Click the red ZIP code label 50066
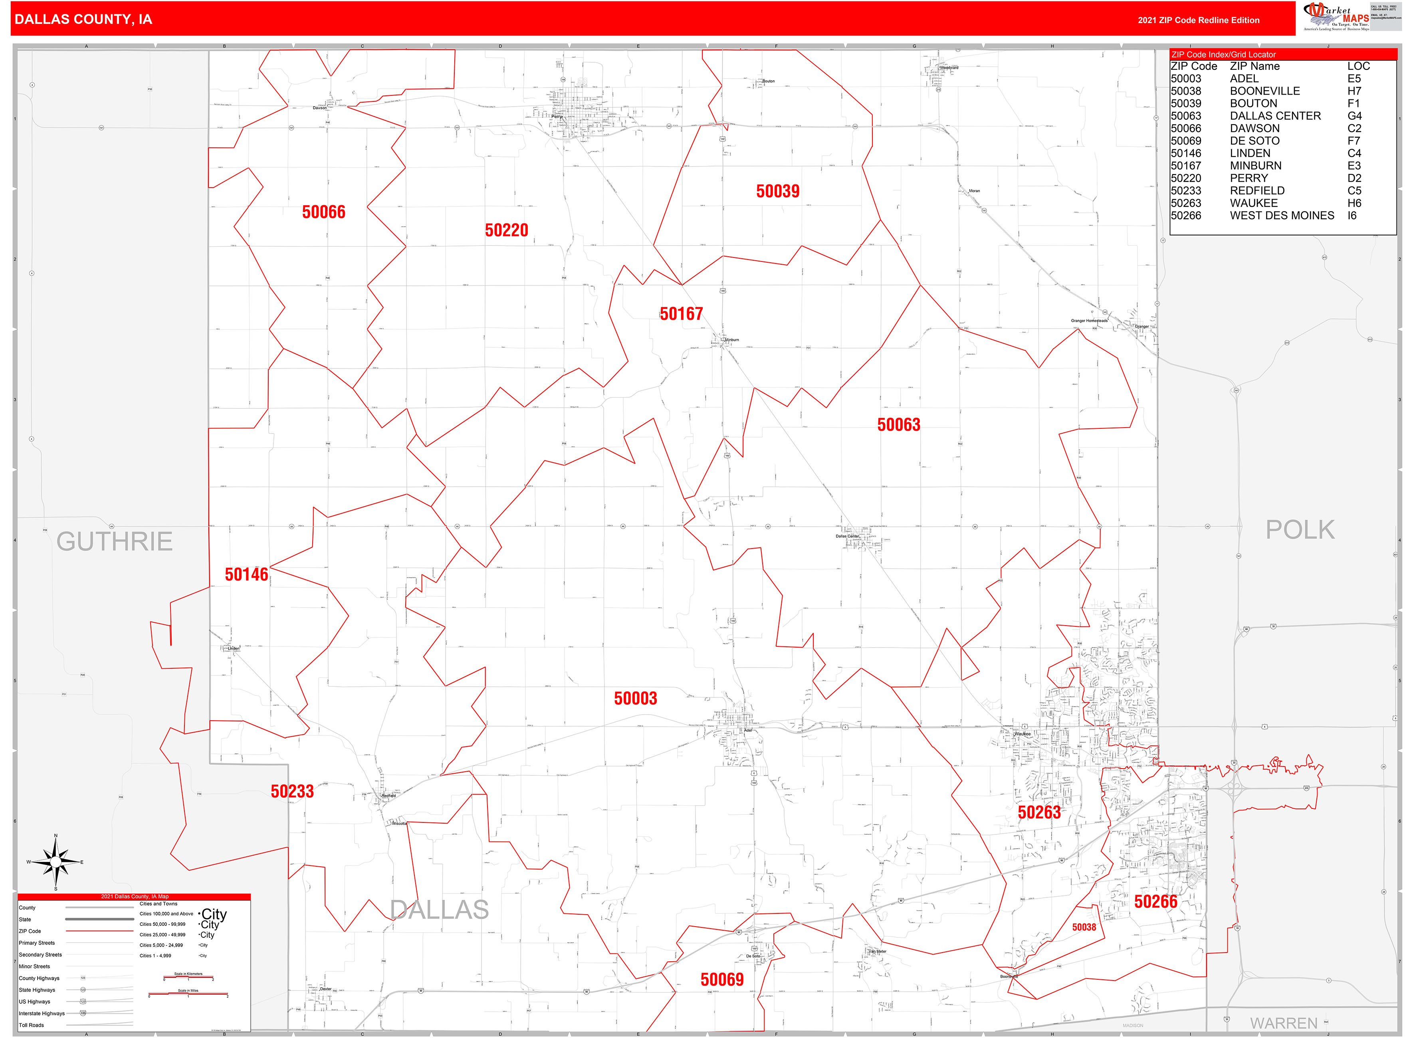[x=324, y=212]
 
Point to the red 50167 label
[x=681, y=314]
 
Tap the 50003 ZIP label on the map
[x=635, y=699]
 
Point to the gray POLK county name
[x=1300, y=530]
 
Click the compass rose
[x=56, y=862]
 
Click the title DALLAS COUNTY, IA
[x=83, y=20]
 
